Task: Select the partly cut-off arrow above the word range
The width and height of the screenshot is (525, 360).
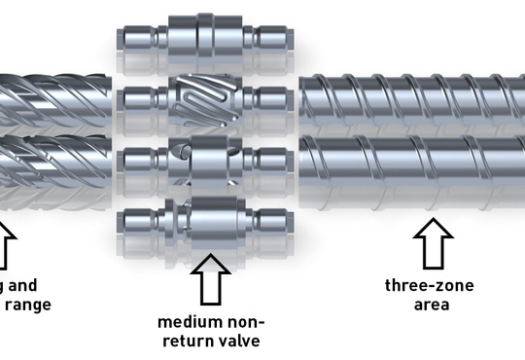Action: point(5,245)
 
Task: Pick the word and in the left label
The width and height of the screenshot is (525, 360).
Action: point(23,285)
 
